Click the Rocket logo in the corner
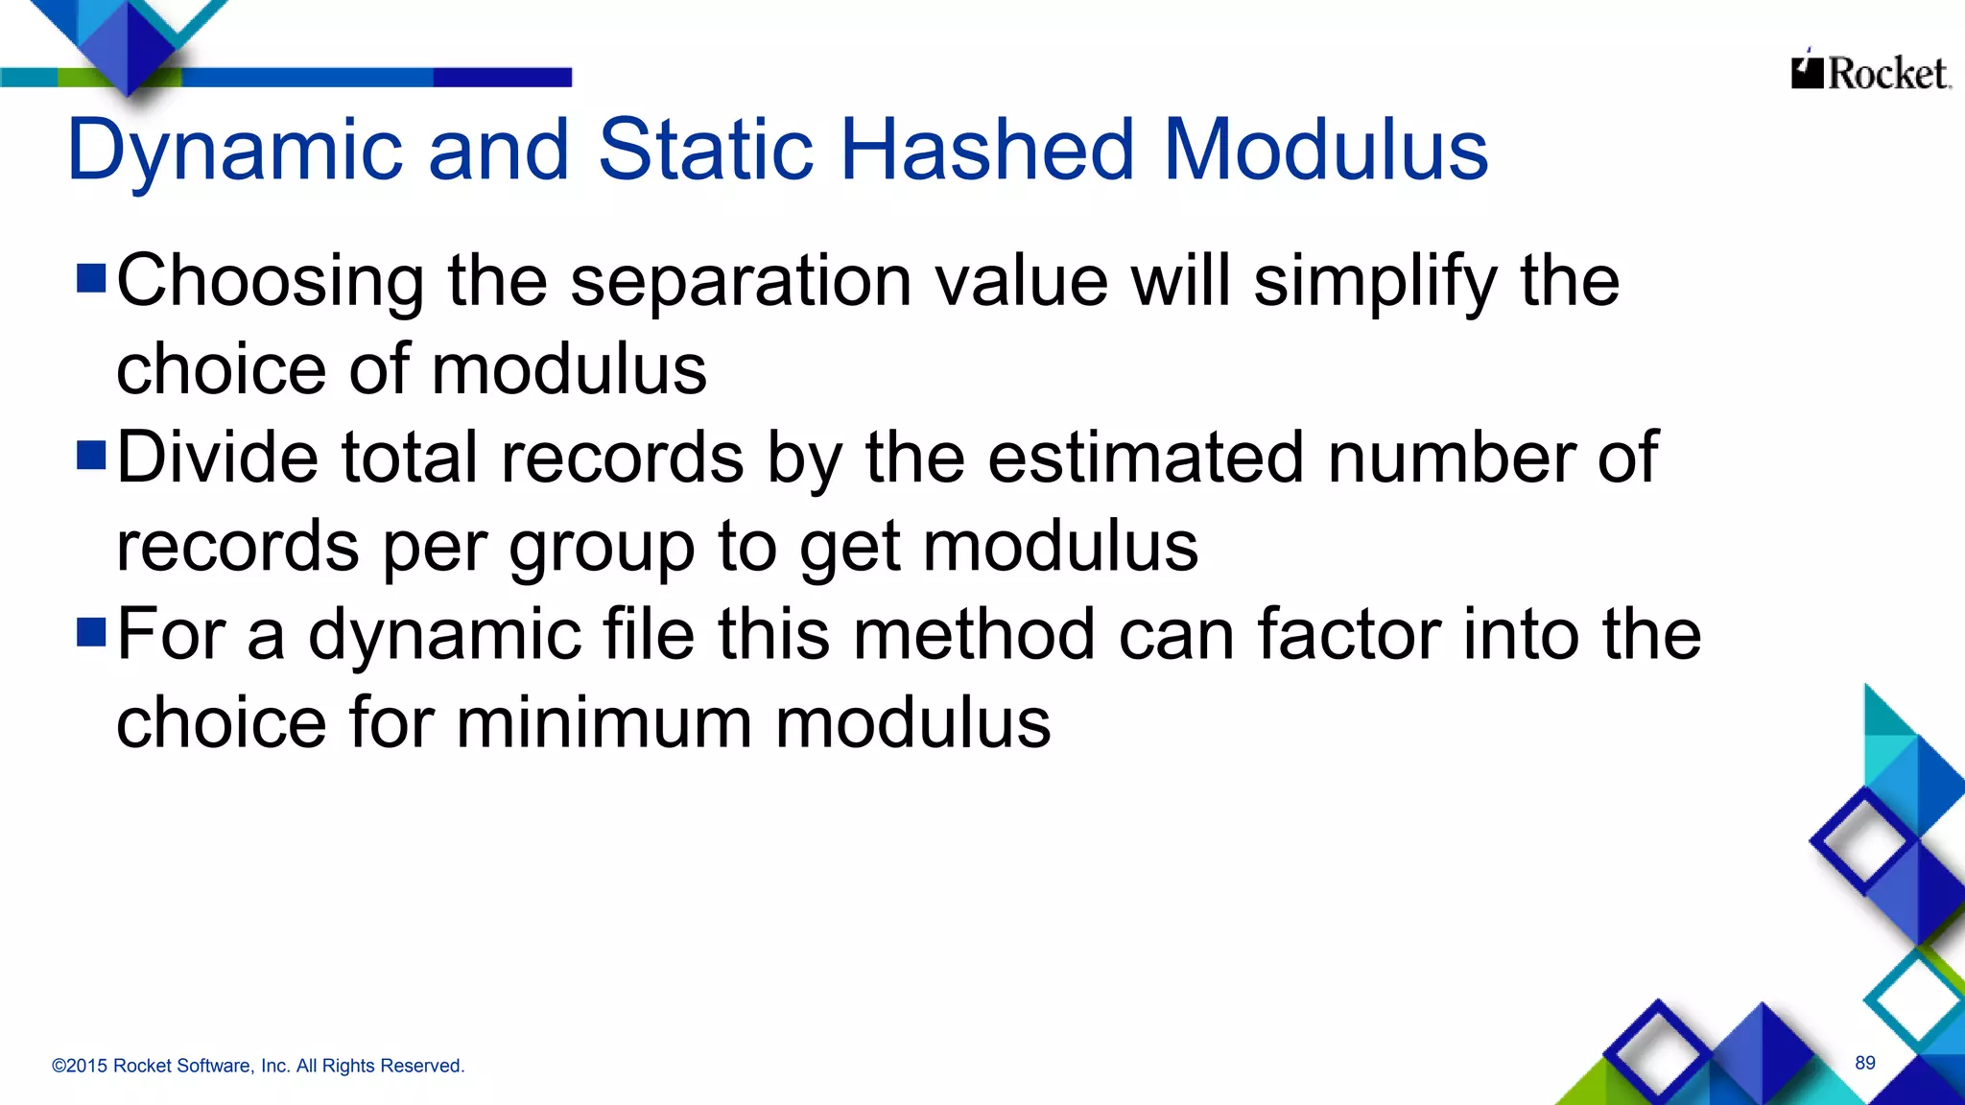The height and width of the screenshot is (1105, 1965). (x=1870, y=72)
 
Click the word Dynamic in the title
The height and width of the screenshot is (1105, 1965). (x=234, y=151)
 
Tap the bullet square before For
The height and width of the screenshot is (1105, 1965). (x=91, y=632)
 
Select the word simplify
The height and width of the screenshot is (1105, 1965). (x=1375, y=282)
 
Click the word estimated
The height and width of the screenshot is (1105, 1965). (x=1146, y=458)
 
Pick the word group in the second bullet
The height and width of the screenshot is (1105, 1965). (x=602, y=548)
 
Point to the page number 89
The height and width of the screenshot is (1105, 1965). (x=1864, y=1063)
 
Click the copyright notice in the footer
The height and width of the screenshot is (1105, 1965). (x=258, y=1066)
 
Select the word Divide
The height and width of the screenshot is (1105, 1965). (x=218, y=458)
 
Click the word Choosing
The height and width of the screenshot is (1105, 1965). (x=270, y=282)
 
